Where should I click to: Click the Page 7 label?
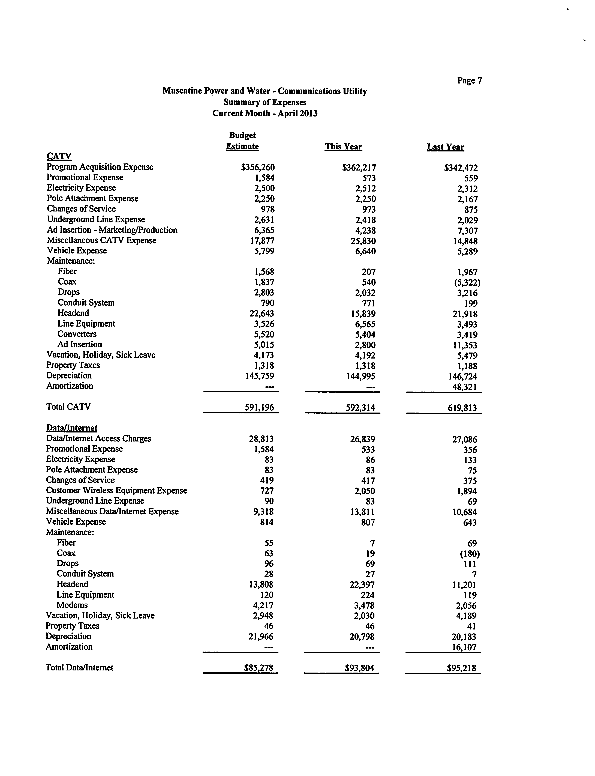pyautogui.click(x=469, y=81)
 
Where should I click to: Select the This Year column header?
pyautogui.click(x=343, y=147)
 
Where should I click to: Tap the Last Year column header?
pyautogui.click(x=445, y=147)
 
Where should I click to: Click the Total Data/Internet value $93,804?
pyautogui.click(x=359, y=668)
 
